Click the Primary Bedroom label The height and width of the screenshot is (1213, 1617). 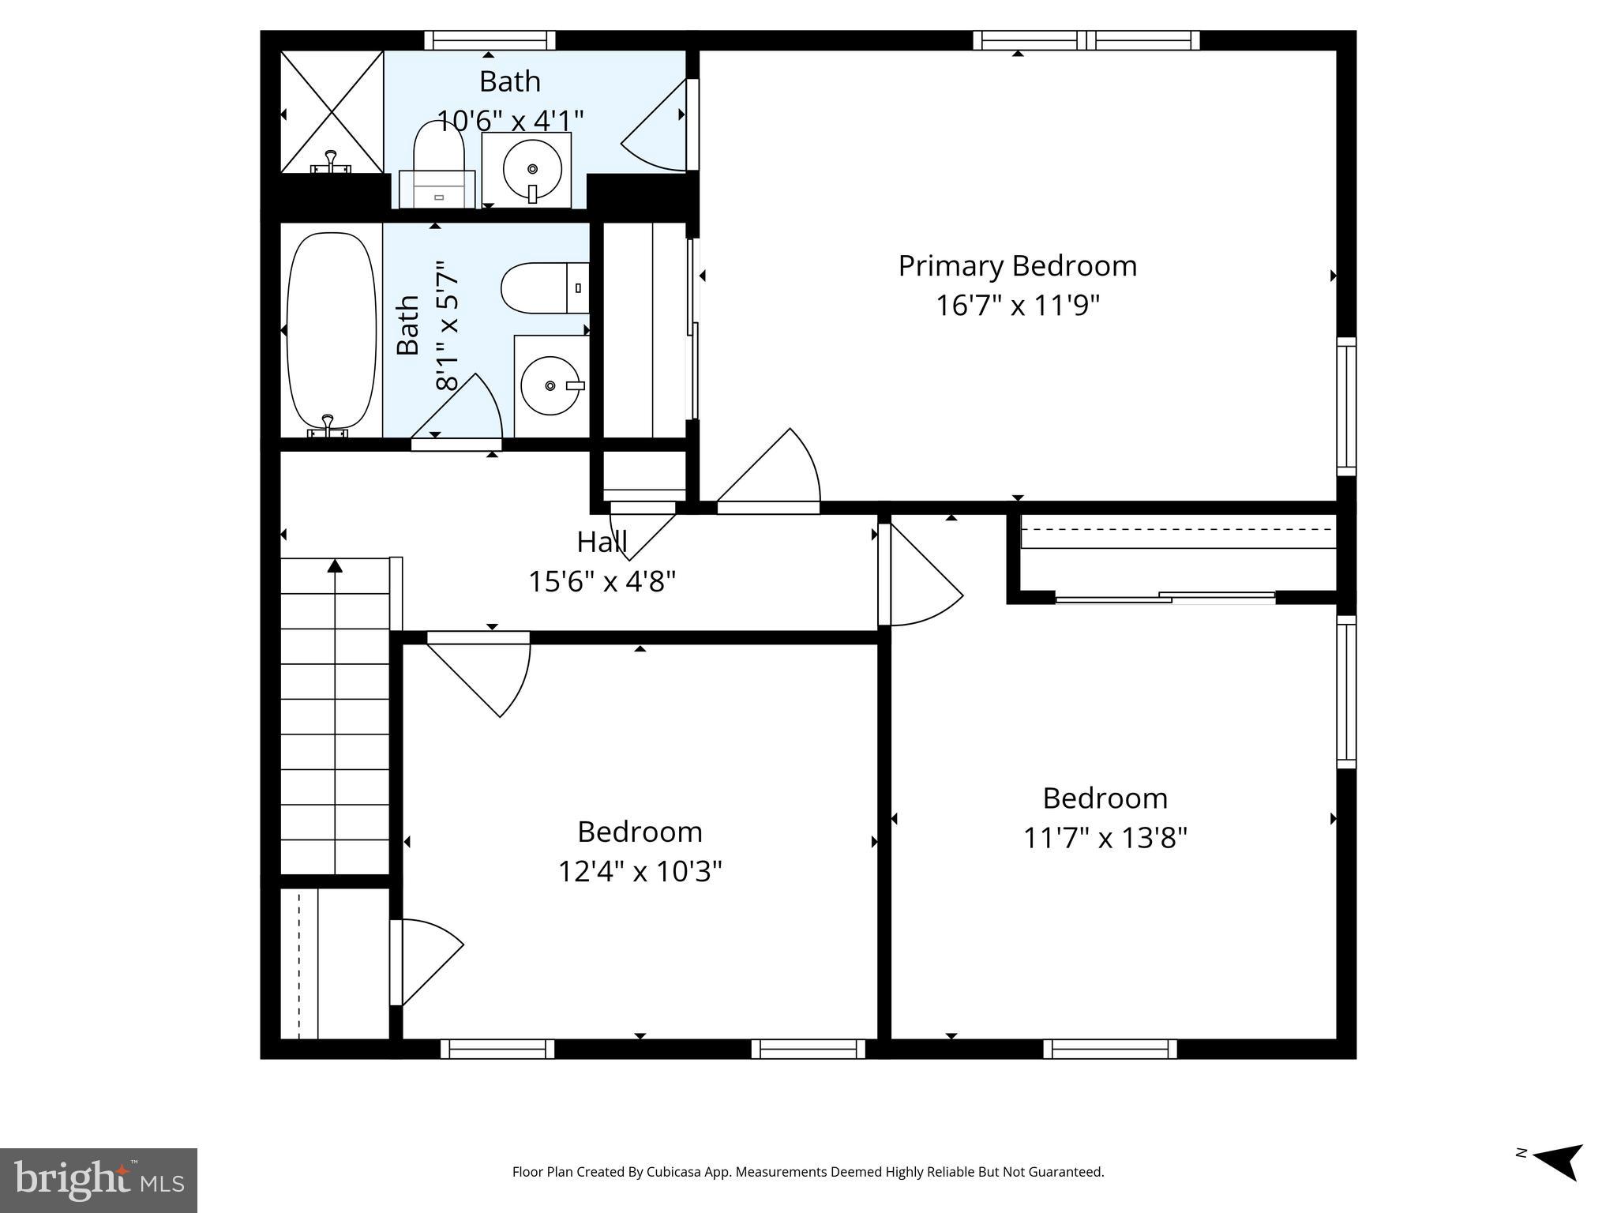coord(1017,266)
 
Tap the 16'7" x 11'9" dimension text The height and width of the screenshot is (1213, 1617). coord(1017,306)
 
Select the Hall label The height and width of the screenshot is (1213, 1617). coord(602,543)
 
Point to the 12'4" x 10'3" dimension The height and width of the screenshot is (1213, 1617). coord(640,872)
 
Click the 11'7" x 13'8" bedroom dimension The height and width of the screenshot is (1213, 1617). coord(1105,837)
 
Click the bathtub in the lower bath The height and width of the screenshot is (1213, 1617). coord(331,330)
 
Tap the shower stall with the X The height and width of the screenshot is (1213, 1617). coord(332,111)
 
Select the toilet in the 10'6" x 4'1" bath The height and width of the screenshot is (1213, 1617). coord(438,166)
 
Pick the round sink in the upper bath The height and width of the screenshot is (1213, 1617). coord(532,168)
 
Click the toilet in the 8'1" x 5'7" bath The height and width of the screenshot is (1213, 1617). coord(545,288)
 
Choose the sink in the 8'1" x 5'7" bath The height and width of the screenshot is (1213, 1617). coord(550,385)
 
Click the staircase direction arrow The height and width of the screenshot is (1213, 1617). coord(335,565)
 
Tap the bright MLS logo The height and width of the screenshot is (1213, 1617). coord(99,1180)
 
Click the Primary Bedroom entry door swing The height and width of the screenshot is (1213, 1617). coord(778,474)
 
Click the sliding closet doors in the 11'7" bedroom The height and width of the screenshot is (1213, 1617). coord(1165,598)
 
